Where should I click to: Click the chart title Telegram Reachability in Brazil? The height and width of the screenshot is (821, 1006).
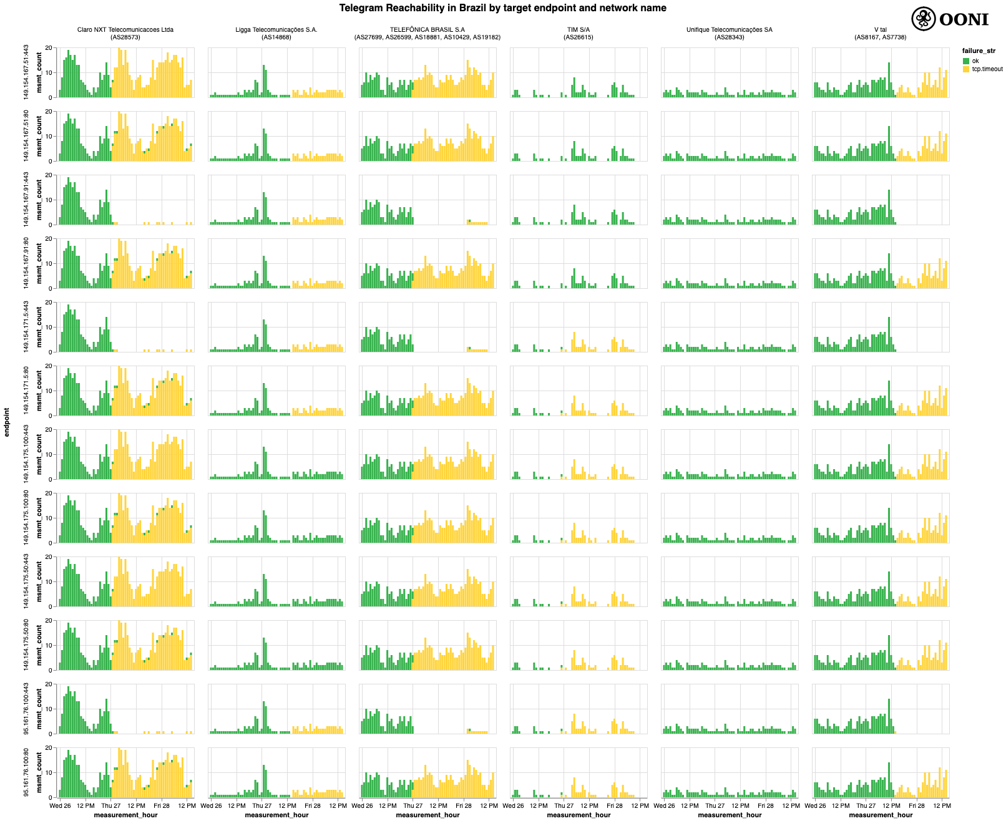tap(502, 8)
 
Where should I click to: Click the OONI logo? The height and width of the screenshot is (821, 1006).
tap(949, 19)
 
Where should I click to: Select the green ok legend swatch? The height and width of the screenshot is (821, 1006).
tap(966, 61)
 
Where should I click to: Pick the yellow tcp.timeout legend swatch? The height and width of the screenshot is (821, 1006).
tap(966, 69)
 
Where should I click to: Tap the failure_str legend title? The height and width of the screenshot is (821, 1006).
tap(979, 51)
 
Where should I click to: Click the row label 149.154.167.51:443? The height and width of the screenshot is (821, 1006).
tap(26, 72)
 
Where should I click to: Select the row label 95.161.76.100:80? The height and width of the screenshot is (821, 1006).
tap(26, 772)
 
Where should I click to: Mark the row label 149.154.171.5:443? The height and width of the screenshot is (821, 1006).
tap(26, 327)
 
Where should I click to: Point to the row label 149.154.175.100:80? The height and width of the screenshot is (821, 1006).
tap(26, 518)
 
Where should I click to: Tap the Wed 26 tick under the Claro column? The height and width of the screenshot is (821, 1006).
tap(61, 805)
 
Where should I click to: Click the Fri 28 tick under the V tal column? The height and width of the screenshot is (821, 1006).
tap(917, 805)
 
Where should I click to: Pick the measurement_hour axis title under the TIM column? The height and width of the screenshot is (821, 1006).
tap(579, 815)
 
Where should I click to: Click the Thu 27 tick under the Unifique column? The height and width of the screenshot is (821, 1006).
tap(715, 805)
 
